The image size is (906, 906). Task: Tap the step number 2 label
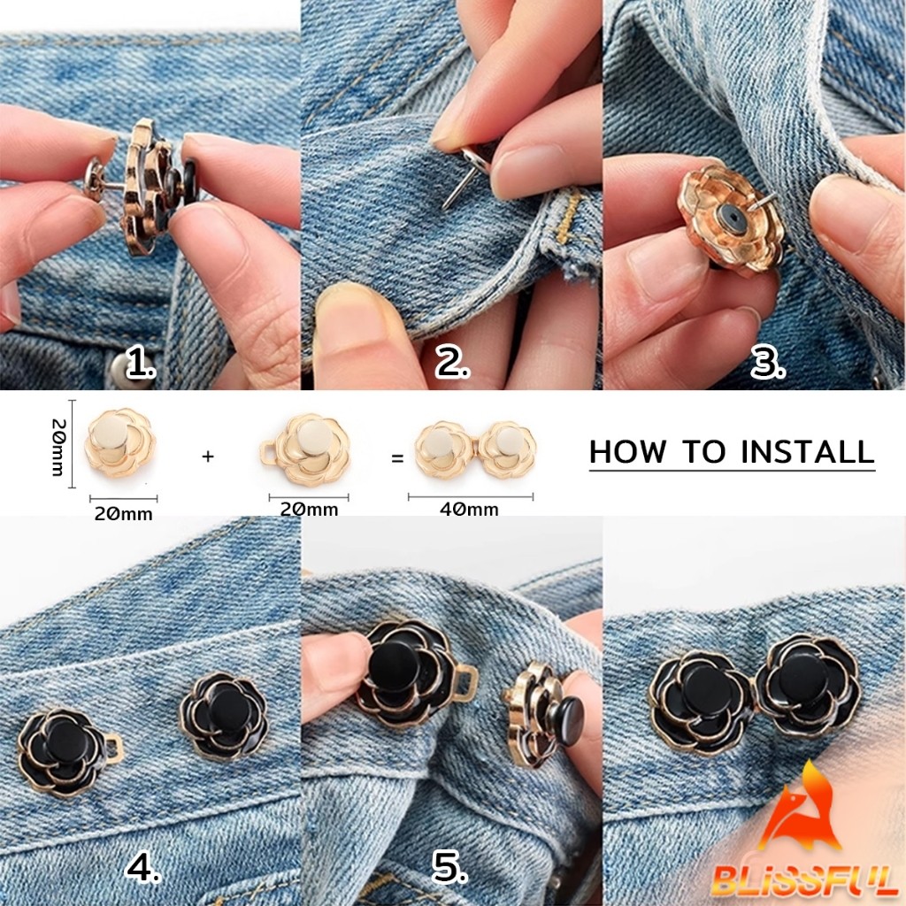[452, 364]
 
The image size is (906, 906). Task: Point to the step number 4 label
[142, 868]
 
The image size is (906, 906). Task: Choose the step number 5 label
[449, 868]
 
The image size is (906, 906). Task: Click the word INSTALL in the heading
[807, 452]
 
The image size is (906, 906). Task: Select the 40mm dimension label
[469, 509]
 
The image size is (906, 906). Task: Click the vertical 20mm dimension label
[58, 447]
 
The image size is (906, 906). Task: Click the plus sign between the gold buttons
[208, 457]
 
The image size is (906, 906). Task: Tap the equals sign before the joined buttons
[397, 459]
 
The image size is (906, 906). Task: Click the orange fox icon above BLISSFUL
[800, 809]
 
